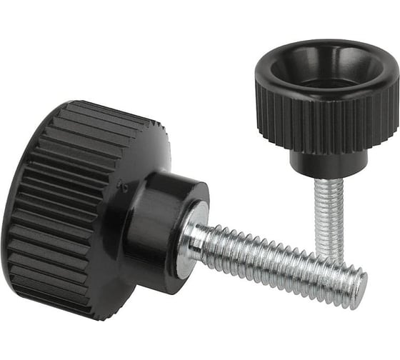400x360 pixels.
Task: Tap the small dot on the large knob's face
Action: coord(126,188)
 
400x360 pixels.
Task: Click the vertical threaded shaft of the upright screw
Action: coord(329,207)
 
